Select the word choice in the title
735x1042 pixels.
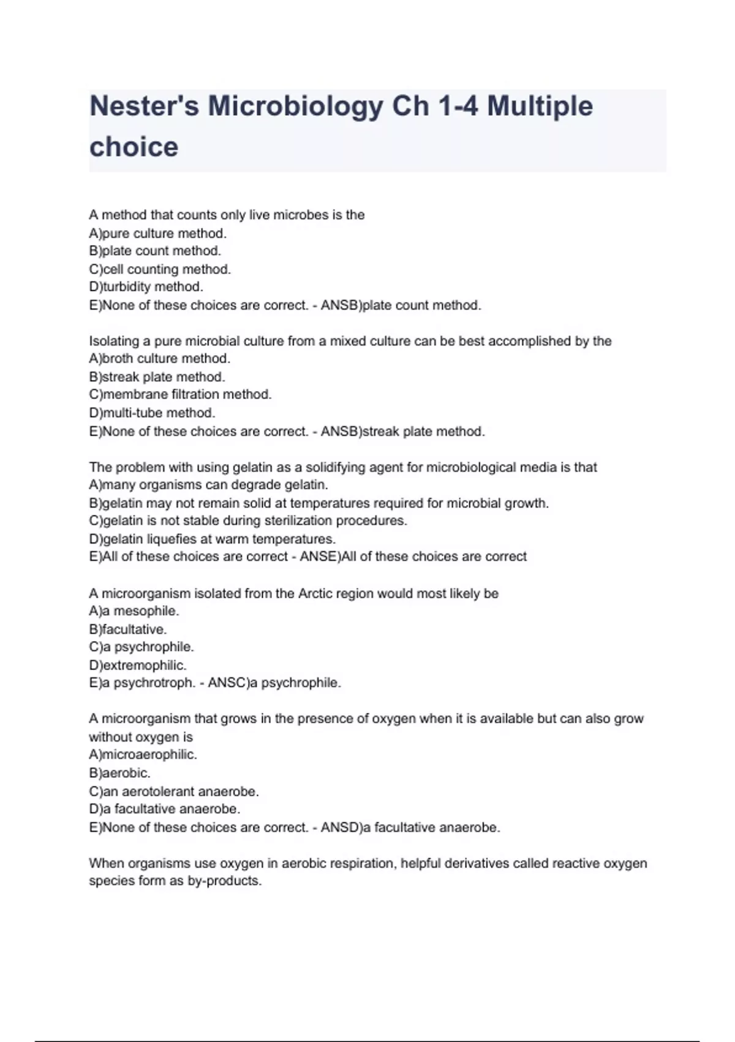pyautogui.click(x=134, y=147)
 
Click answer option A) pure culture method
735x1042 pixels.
pyautogui.click(x=157, y=234)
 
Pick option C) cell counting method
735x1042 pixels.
pyautogui.click(x=160, y=269)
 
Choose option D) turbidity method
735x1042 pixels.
pyautogui.click(x=146, y=287)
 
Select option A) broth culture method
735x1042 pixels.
pyautogui.click(x=159, y=359)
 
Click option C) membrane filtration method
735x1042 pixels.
pyautogui.click(x=180, y=394)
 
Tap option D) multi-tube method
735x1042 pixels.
pyautogui.click(x=152, y=413)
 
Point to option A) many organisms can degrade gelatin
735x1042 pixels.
pyautogui.click(x=208, y=485)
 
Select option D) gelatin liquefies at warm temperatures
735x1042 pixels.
pyautogui.click(x=212, y=539)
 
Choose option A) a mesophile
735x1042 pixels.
pyautogui.click(x=134, y=611)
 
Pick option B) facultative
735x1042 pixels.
pyautogui.click(x=127, y=629)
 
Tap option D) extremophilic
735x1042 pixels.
pyautogui.click(x=137, y=665)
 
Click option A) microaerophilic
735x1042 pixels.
pyautogui.click(x=143, y=755)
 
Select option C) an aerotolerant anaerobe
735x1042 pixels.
pyautogui.click(x=173, y=791)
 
